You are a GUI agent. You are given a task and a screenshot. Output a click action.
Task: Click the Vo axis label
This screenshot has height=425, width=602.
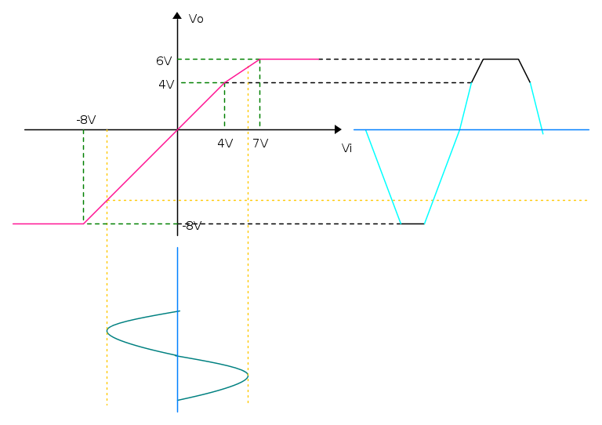tap(196, 19)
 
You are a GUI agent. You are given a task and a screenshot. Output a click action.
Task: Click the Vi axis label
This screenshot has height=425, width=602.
tap(346, 148)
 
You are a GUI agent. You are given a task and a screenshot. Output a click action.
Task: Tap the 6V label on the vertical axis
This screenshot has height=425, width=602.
tap(164, 61)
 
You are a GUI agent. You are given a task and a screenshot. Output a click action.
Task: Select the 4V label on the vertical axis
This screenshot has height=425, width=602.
tap(166, 85)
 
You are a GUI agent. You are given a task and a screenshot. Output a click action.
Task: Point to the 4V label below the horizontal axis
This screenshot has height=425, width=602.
tap(225, 143)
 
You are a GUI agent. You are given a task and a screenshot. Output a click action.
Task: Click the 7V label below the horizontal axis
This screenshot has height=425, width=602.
tap(260, 143)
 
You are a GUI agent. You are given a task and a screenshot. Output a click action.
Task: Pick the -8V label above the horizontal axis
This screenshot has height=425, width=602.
tap(86, 120)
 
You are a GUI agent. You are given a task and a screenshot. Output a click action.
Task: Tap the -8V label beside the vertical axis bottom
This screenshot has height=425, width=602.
tap(192, 226)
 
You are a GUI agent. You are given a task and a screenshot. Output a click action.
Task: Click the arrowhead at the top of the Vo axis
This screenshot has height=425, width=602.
tap(177, 16)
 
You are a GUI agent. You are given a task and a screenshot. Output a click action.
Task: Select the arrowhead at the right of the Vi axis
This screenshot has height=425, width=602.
tap(338, 129)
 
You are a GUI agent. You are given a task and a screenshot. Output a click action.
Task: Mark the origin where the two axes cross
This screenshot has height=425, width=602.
tap(177, 129)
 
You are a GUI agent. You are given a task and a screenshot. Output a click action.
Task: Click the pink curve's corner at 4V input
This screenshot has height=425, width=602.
tap(225, 82)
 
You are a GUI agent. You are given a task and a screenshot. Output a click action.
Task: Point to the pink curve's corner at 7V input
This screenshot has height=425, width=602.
tap(260, 60)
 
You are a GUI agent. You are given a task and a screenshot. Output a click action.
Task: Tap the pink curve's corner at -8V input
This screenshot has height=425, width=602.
tap(84, 223)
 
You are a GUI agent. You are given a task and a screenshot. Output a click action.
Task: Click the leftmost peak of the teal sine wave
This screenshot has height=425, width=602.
tap(107, 331)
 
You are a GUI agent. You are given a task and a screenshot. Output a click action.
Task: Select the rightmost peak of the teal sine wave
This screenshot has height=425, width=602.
tap(248, 375)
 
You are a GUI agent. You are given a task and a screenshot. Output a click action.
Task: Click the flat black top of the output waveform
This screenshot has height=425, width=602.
tap(501, 60)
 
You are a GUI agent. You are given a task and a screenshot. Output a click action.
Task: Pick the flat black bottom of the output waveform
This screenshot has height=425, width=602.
tap(413, 223)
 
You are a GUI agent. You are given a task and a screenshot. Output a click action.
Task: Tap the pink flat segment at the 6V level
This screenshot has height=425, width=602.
tap(289, 60)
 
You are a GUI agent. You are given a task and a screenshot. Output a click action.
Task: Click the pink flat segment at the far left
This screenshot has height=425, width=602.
tap(48, 223)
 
